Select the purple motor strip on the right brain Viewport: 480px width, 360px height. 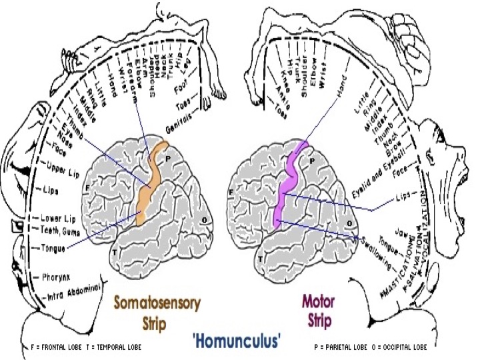tap(289, 187)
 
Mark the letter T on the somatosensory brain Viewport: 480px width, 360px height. tap(115, 252)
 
